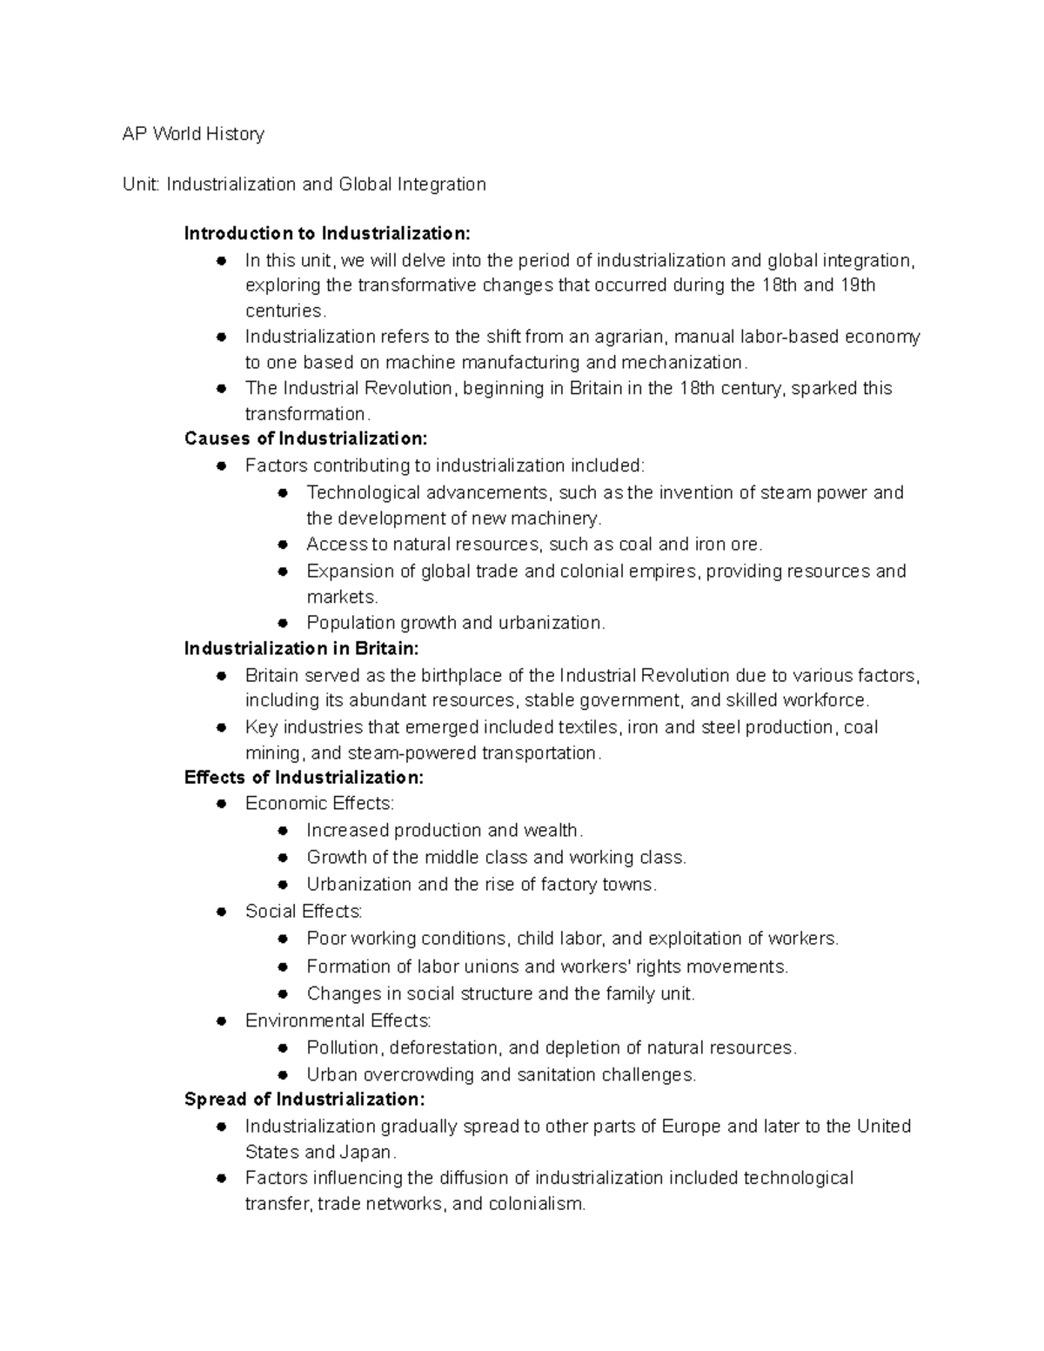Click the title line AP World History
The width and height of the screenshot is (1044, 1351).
tap(193, 134)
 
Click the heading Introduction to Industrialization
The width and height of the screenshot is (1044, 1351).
tap(326, 233)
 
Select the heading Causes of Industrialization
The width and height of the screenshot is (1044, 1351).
tap(305, 438)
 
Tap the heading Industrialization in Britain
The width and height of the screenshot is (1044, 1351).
tap(301, 648)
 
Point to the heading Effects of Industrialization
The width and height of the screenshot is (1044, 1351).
tap(304, 777)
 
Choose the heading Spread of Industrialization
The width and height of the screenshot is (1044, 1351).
tap(304, 1099)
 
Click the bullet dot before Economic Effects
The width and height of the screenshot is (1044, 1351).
tap(222, 804)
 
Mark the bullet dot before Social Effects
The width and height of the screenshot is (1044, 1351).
tap(222, 912)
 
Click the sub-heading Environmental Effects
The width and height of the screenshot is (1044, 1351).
tap(338, 1020)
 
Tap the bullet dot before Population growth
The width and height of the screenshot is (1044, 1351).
tap(283, 623)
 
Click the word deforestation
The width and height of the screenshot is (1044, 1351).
tap(445, 1047)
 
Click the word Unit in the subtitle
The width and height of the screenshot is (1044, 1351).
tap(141, 184)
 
